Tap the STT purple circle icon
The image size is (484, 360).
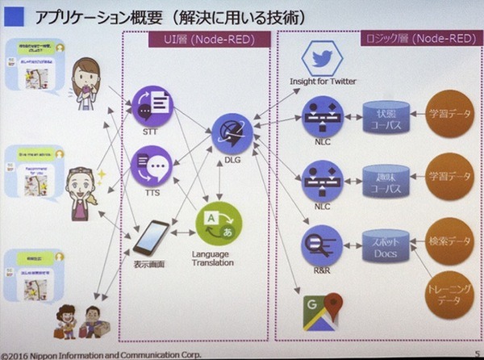(151, 106)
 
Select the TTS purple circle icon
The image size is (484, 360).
(151, 164)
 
